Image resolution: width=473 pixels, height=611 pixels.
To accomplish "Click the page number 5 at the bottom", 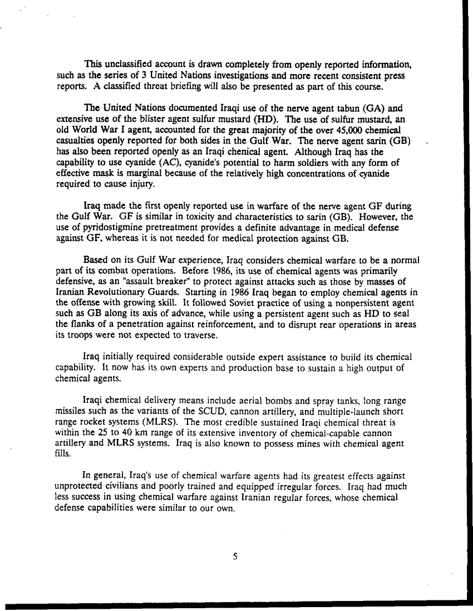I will (236, 555).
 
